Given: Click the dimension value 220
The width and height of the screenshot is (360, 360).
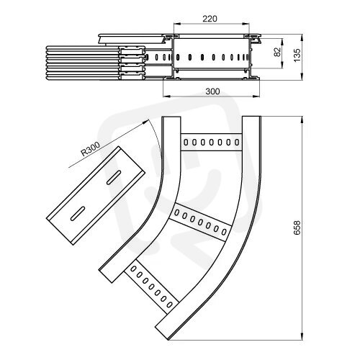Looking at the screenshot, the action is pos(210,19).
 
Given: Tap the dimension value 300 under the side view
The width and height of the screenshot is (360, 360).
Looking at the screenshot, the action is pos(212,91).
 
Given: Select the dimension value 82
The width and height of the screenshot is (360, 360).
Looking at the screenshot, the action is pos(277,52).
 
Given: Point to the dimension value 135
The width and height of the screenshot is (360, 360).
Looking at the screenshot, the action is pos(297,55).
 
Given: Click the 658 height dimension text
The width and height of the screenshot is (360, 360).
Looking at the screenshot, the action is pos(297,228).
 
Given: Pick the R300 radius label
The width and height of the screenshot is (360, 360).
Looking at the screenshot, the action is pos(90,149).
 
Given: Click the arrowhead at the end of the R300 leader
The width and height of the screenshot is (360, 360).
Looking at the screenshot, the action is pos(145,122).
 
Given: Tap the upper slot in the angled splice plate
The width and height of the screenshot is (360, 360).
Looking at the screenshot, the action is pos(114,178).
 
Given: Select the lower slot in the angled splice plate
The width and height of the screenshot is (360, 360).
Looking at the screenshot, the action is pos(78,213).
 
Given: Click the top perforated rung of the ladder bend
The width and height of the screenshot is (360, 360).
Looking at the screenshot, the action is pos(211,142).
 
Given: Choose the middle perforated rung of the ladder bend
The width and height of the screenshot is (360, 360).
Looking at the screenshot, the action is pos(201,222).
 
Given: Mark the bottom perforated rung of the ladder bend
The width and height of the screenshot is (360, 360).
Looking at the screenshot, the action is pos(152,287).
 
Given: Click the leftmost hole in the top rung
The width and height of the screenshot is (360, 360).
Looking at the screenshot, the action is pos(186,143).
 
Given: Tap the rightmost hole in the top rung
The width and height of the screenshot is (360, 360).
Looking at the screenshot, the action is pos(237,143).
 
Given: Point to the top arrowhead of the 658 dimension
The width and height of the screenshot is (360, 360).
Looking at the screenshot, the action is pos(302,120).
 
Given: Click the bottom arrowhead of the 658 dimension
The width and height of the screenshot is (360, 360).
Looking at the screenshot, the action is pos(302,336).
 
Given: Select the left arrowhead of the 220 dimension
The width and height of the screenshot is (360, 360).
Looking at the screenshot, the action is pos(177,24).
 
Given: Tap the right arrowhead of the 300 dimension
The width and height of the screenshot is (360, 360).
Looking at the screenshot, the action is pos(256,96).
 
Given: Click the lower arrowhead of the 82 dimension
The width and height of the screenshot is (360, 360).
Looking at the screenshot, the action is pos(282,65).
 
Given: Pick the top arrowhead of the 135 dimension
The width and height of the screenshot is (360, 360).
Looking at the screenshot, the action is pos(302,37).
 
